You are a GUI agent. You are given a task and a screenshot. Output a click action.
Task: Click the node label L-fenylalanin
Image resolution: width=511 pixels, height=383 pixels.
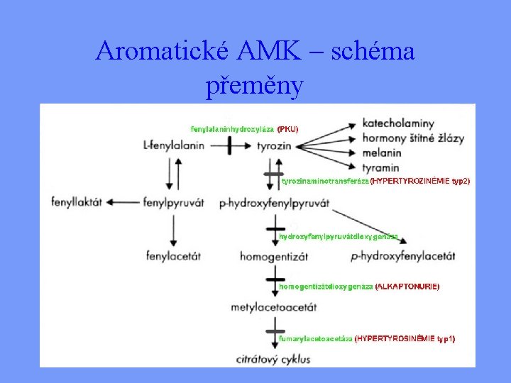[x=173, y=146]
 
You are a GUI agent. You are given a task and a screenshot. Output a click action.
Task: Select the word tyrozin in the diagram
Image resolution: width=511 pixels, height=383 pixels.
[x=274, y=146]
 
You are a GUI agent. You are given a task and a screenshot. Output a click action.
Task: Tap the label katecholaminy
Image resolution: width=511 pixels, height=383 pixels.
[x=398, y=123]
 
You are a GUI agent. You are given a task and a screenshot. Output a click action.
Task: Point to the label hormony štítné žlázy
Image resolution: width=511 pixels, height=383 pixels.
[x=414, y=138]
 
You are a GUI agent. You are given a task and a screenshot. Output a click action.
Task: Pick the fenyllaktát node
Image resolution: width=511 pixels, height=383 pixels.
[x=77, y=202]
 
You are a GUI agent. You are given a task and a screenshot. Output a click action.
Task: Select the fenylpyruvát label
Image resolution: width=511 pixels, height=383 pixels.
[x=173, y=202]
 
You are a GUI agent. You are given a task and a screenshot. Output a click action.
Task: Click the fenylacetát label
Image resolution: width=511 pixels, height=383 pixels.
[x=173, y=255]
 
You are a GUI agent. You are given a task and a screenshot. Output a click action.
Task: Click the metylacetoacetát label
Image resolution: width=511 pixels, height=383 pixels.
[x=274, y=307]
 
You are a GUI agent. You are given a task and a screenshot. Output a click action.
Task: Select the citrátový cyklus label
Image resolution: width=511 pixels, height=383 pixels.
[x=274, y=359]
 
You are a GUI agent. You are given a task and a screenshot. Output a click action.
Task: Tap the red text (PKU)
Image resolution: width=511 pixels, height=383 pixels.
[x=287, y=129]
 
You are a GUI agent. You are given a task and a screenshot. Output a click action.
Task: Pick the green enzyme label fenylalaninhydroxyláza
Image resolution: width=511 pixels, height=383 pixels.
[x=232, y=129]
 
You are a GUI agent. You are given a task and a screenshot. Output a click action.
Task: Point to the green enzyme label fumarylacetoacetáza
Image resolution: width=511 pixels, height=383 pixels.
[x=316, y=339]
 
